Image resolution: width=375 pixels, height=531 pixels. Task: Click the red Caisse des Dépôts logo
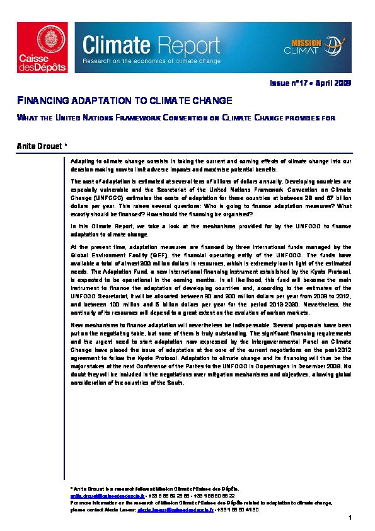pos(42,47)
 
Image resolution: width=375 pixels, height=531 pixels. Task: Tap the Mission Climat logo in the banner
pos(314,47)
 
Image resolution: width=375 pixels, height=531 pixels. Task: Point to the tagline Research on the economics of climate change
pos(152,61)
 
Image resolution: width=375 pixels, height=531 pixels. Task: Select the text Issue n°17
pos(288,83)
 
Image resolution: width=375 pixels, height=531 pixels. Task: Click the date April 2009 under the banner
pos(335,83)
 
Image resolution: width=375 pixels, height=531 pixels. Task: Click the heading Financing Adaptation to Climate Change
pos(124,101)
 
